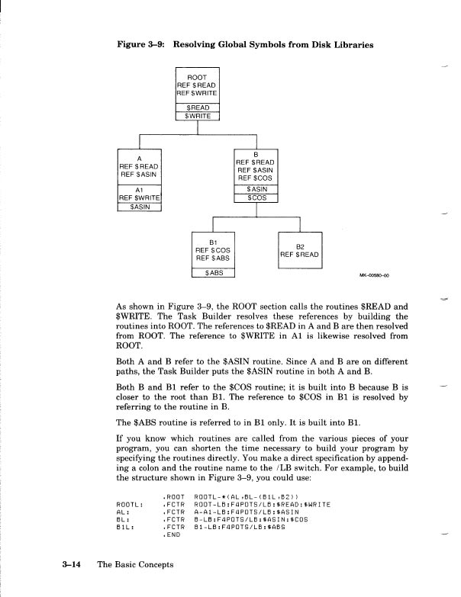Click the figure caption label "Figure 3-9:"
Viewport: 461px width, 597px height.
[140, 45]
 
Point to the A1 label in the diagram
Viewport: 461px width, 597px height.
[140, 188]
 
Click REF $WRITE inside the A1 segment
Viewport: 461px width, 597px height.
[139, 197]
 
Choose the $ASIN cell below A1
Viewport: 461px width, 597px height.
[140, 206]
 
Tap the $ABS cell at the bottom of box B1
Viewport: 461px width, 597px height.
[214, 273]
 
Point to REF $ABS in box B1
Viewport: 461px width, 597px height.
[214, 257]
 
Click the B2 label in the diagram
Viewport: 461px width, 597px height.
[302, 246]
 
